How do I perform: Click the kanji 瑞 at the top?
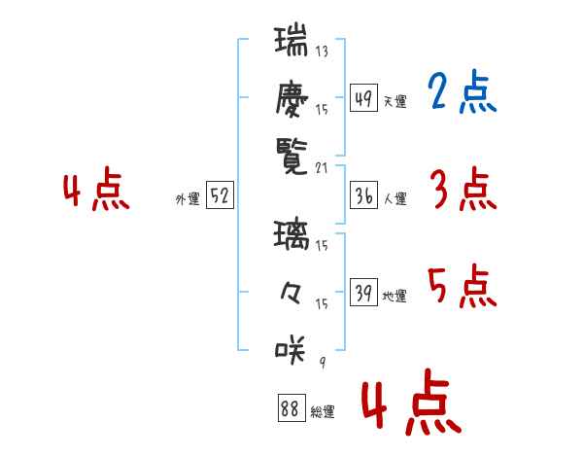pyautogui.click(x=291, y=40)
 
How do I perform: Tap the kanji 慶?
pyautogui.click(x=291, y=99)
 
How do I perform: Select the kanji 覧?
pyautogui.click(x=291, y=157)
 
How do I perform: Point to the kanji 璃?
pyautogui.click(x=291, y=234)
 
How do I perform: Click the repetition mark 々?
pyautogui.click(x=291, y=293)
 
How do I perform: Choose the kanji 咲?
pyautogui.click(x=291, y=349)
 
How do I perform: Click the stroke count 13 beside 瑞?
pyautogui.click(x=322, y=51)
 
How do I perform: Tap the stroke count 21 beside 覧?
pyautogui.click(x=322, y=168)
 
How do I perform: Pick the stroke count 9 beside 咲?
pyautogui.click(x=323, y=362)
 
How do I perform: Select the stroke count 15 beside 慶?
pyautogui.click(x=322, y=110)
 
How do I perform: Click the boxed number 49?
pyautogui.click(x=363, y=97)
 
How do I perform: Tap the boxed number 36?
pyautogui.click(x=363, y=195)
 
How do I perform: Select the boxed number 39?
pyautogui.click(x=363, y=292)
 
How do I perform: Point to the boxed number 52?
pyautogui.click(x=220, y=194)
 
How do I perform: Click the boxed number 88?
pyautogui.click(x=291, y=407)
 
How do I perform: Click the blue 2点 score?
pyautogui.click(x=462, y=91)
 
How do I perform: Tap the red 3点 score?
pyautogui.click(x=463, y=189)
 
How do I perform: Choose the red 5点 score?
pyautogui.click(x=463, y=286)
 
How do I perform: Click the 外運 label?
pyautogui.click(x=188, y=199)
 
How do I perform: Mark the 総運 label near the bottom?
pyautogui.click(x=323, y=412)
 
